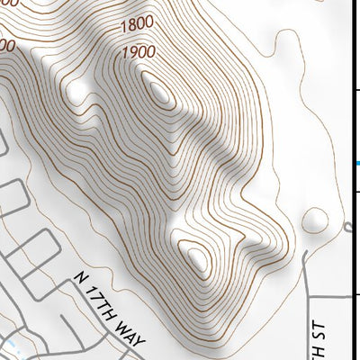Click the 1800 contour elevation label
pyautogui.click(x=135, y=22)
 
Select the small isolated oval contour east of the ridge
pyautogui.click(x=316, y=219)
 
